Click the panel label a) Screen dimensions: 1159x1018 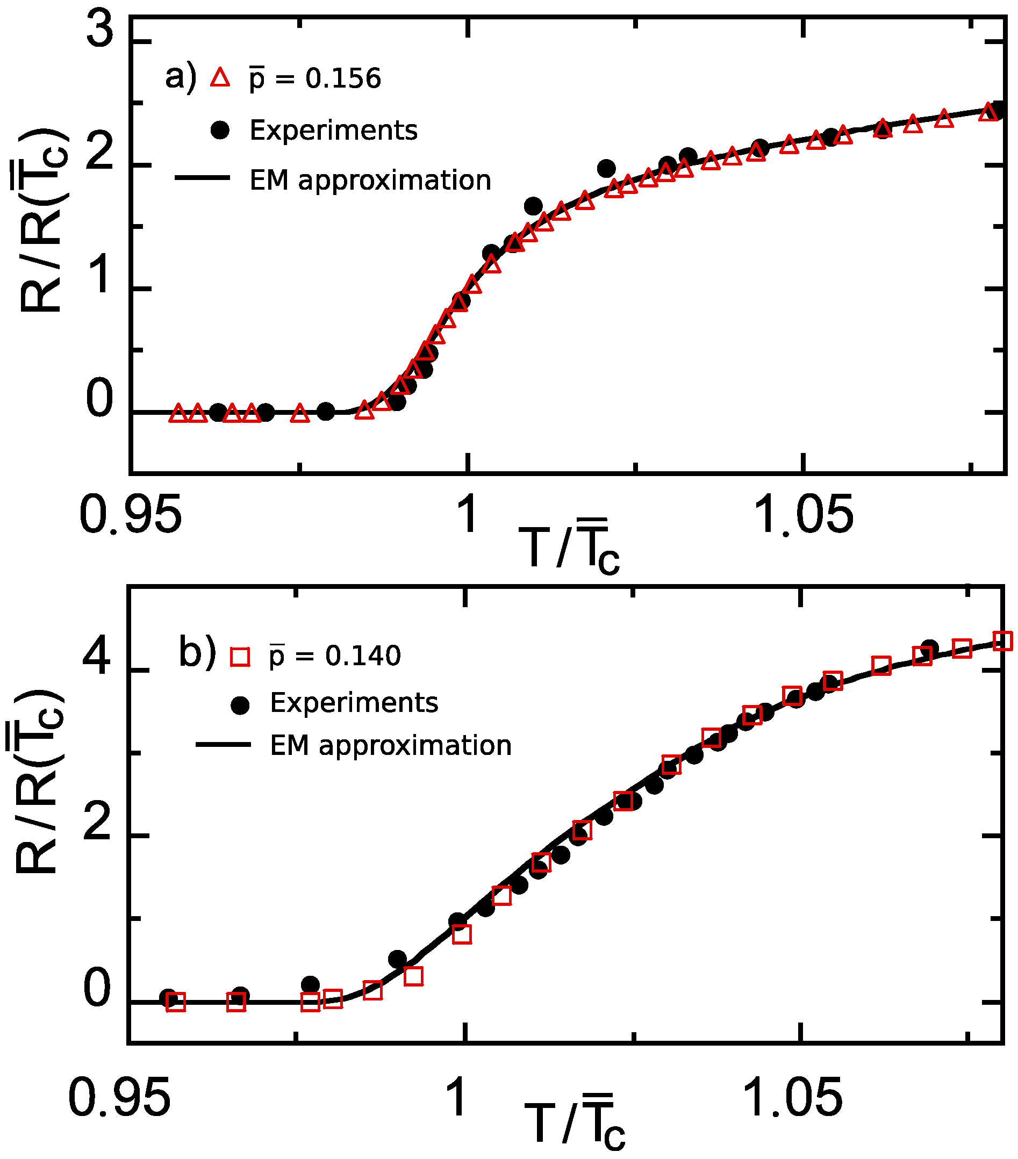tap(181, 77)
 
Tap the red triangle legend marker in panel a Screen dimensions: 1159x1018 tap(220, 78)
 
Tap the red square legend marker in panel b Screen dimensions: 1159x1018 tap(240, 657)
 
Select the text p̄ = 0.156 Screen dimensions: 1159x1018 tap(316, 78)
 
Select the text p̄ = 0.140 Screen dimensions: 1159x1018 tap(335, 656)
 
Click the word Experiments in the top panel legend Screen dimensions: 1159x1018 tap(333, 131)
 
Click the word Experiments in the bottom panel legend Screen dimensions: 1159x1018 tap(354, 703)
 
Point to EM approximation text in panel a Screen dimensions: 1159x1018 tap(370, 181)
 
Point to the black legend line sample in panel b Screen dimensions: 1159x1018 tap(223, 745)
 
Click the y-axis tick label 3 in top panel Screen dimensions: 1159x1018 tap(100, 31)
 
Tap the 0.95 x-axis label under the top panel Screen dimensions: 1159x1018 tap(131, 514)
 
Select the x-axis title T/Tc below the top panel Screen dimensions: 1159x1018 tap(569, 546)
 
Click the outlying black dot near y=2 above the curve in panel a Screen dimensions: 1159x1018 tap(606, 168)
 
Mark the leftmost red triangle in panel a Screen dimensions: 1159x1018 tap(178, 413)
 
